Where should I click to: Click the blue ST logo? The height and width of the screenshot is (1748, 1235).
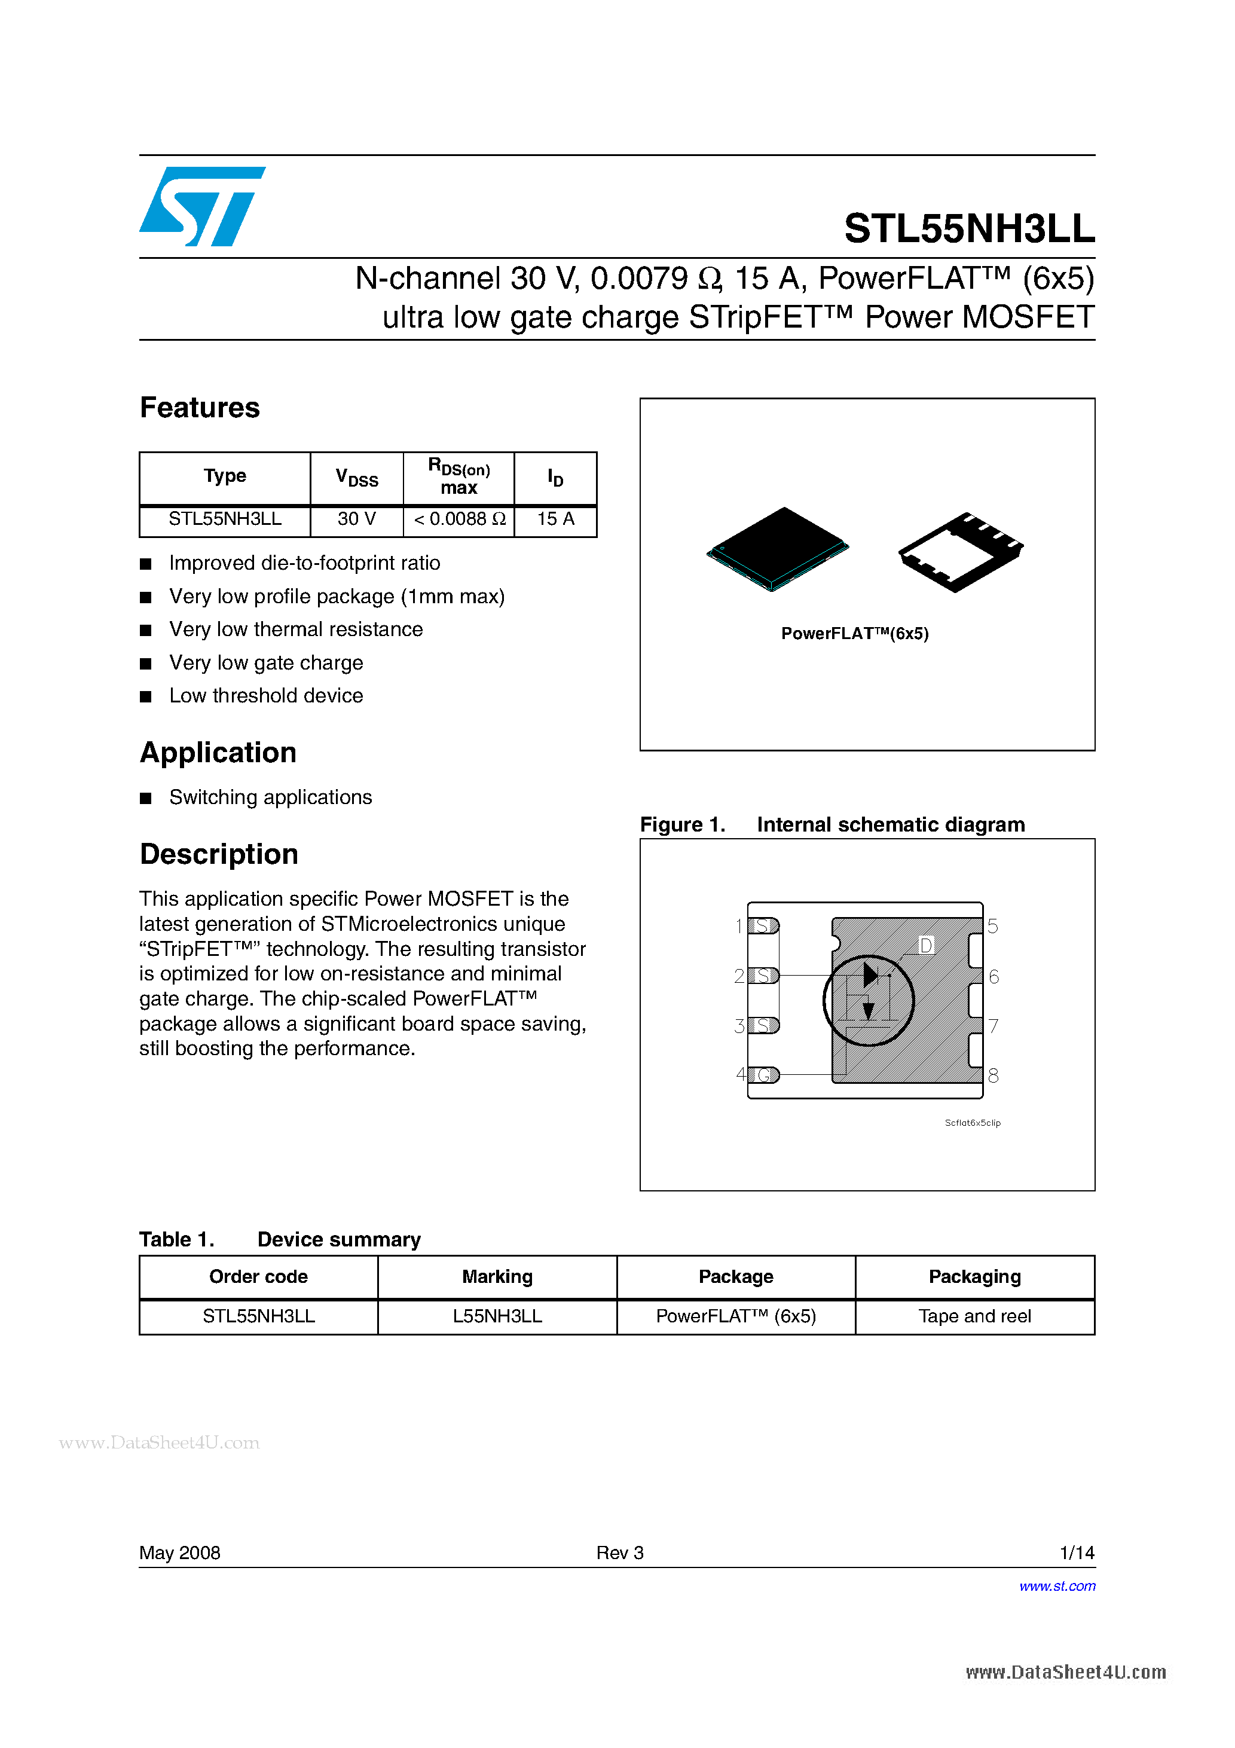pos(202,206)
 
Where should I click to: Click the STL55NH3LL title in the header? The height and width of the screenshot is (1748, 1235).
pos(968,228)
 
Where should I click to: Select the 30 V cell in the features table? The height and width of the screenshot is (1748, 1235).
pos(356,519)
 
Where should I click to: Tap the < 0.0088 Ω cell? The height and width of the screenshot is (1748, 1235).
pos(459,519)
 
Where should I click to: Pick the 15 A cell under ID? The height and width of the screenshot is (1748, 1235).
pos(555,519)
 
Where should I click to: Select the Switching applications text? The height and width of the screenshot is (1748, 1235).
pos(270,797)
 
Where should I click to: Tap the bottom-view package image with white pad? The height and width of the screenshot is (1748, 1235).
pos(960,551)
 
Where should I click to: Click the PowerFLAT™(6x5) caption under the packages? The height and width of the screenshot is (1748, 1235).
pos(854,634)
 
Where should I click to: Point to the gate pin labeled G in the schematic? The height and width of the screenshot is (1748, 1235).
pos(764,1075)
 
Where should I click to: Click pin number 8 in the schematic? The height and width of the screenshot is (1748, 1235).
pos(993,1075)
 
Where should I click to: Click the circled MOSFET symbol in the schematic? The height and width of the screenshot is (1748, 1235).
pos(868,1000)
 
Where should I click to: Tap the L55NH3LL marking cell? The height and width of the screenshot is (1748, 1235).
pos(497,1316)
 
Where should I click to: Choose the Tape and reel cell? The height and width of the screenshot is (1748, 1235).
pos(974,1316)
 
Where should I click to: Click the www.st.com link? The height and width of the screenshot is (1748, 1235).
pos(1057,1587)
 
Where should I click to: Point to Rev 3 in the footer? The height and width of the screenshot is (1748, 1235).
pos(620,1553)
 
